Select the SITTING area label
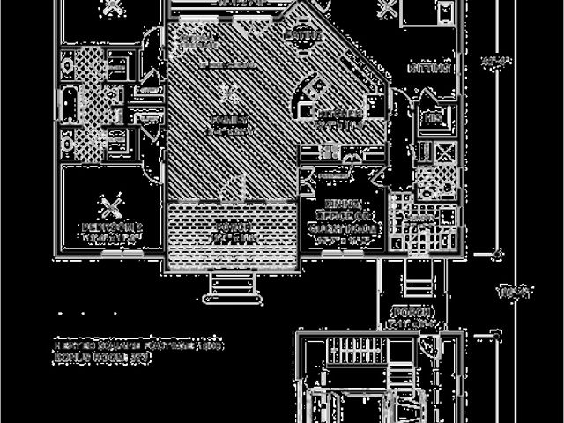click(430, 68)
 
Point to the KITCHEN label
click(339, 115)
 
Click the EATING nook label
click(300, 35)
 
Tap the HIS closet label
click(433, 117)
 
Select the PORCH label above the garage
click(413, 313)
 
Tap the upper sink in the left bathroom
click(67, 64)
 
